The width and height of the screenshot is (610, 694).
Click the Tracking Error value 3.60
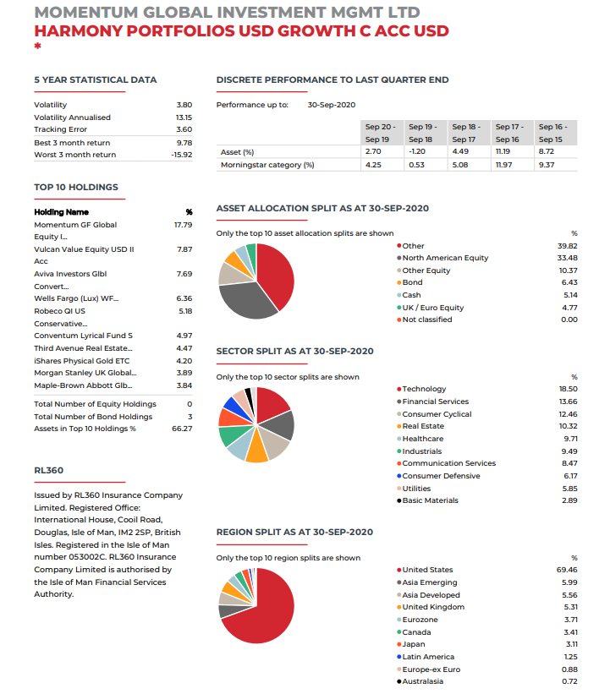coord(184,129)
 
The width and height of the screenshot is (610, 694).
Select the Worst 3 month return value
coord(181,155)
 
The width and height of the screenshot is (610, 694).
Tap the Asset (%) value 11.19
coord(503,151)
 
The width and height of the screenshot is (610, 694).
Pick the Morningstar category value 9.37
coord(546,165)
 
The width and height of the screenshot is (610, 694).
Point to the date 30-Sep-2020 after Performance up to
coord(331,105)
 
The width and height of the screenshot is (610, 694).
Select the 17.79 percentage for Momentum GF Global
coord(183,225)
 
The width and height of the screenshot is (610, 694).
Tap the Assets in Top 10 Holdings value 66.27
coord(182,429)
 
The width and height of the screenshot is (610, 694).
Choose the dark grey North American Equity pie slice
coord(250,299)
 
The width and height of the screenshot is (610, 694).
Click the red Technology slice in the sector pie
coord(272,404)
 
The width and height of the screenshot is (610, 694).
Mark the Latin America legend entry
coord(428,657)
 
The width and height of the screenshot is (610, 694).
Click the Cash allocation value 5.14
coord(569,295)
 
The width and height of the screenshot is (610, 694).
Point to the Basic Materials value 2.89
coord(569,500)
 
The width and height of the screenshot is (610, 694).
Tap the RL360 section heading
coord(48,471)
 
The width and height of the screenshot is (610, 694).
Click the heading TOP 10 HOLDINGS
coord(76,187)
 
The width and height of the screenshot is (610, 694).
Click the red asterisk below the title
coord(37,47)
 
